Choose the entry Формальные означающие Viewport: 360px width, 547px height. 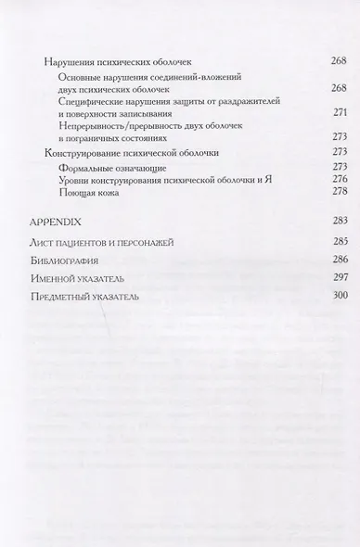point(103,165)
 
